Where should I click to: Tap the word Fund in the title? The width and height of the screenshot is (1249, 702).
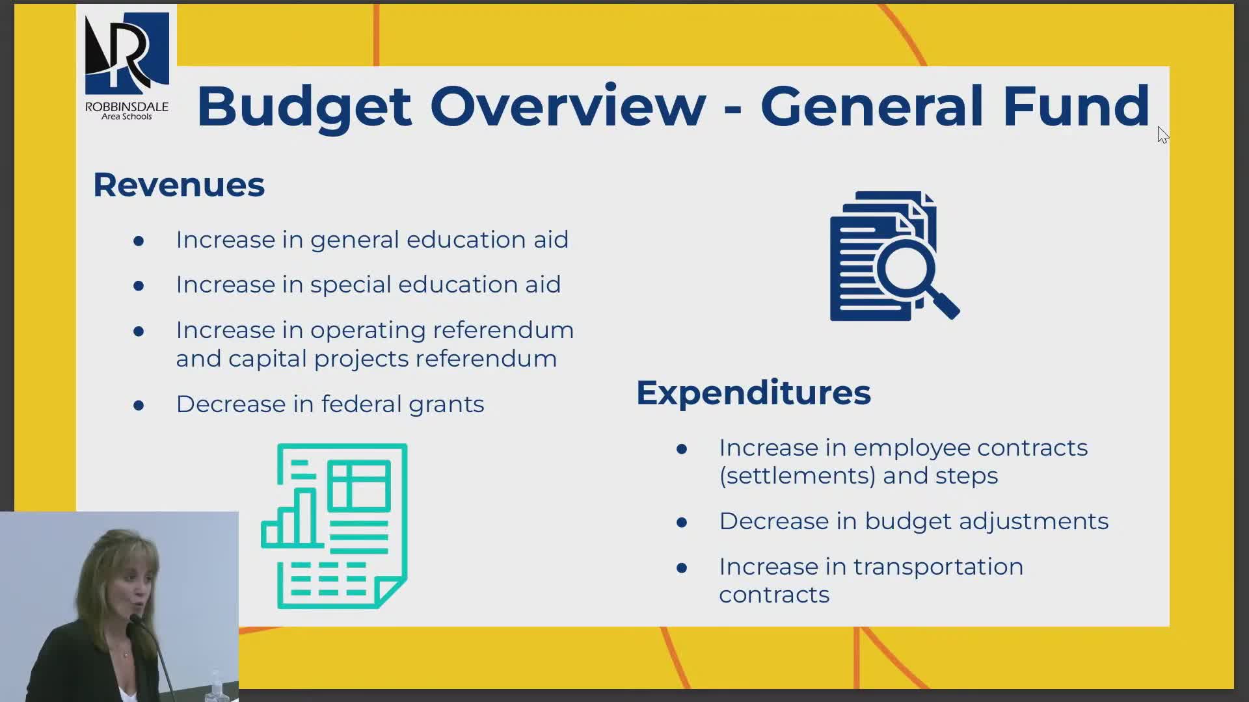click(1076, 105)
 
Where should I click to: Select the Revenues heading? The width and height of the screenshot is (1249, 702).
click(179, 185)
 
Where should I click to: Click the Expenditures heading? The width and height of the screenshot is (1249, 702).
click(753, 393)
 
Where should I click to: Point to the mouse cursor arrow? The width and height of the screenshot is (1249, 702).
click(1163, 135)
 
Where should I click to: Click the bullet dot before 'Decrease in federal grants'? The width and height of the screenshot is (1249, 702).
click(139, 406)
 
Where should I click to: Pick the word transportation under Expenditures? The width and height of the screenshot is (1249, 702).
click(938, 567)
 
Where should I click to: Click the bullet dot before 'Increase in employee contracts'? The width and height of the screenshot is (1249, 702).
click(682, 449)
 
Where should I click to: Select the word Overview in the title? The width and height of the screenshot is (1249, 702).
click(568, 106)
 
